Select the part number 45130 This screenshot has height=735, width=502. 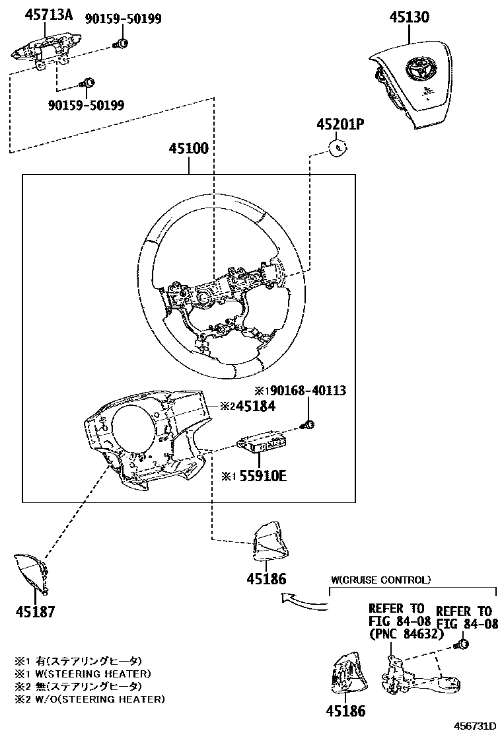coord(410,17)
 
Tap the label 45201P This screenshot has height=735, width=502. coord(340,124)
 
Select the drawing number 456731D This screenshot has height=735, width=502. coord(472,726)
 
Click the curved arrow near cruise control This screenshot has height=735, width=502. coord(305,600)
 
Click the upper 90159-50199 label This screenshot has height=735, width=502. coord(124,19)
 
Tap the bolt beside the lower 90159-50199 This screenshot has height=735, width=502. coord(87,83)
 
